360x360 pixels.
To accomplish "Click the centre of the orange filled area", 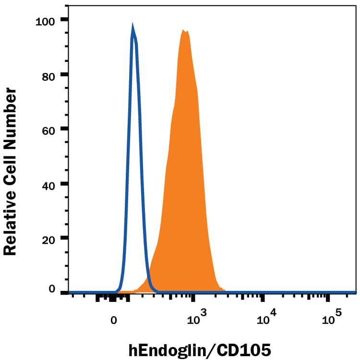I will point(185,192).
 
